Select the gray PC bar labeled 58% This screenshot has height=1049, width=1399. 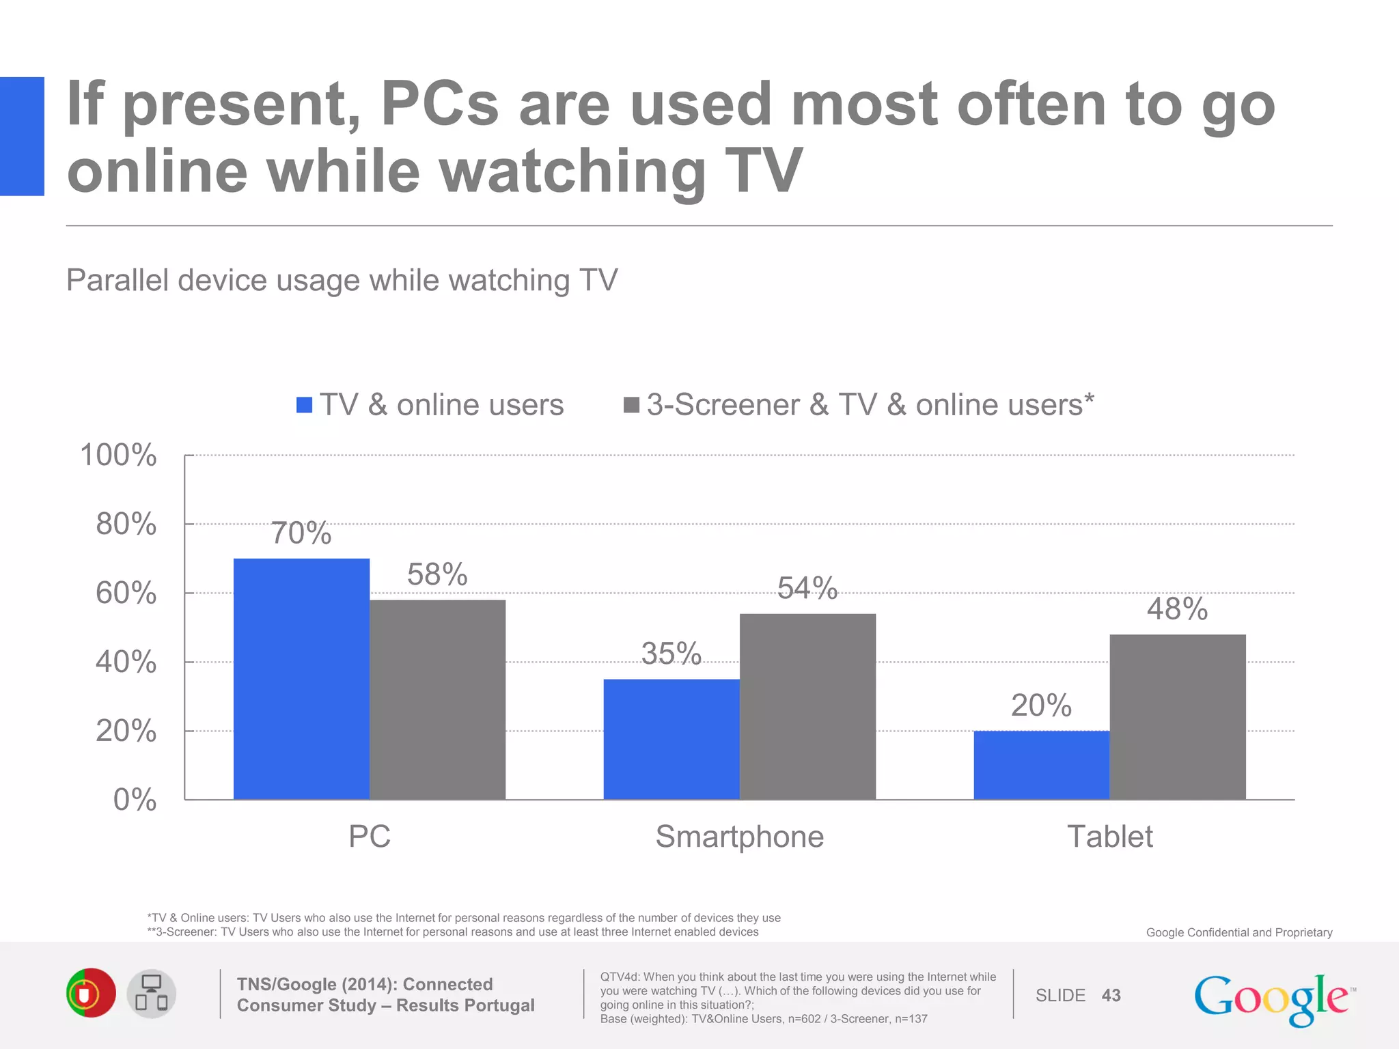437,699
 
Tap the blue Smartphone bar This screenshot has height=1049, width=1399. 671,739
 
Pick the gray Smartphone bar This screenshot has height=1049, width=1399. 807,706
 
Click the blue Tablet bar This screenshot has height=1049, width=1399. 1041,765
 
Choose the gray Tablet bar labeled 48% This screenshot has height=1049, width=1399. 1177,716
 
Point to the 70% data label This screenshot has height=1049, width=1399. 301,533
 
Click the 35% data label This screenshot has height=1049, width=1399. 671,654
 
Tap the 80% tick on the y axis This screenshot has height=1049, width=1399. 126,524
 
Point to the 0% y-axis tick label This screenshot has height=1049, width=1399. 135,800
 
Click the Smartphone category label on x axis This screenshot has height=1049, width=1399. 739,837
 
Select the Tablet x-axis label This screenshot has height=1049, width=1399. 1109,837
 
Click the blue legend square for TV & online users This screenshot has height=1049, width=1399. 304,405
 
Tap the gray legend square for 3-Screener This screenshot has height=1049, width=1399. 631,405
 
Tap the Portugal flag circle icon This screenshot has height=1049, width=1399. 91,993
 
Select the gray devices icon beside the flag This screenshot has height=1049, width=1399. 152,994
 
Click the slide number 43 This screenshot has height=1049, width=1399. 1111,996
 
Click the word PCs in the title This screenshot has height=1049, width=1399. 439,104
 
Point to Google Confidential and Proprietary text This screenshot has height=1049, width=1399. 1238,932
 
